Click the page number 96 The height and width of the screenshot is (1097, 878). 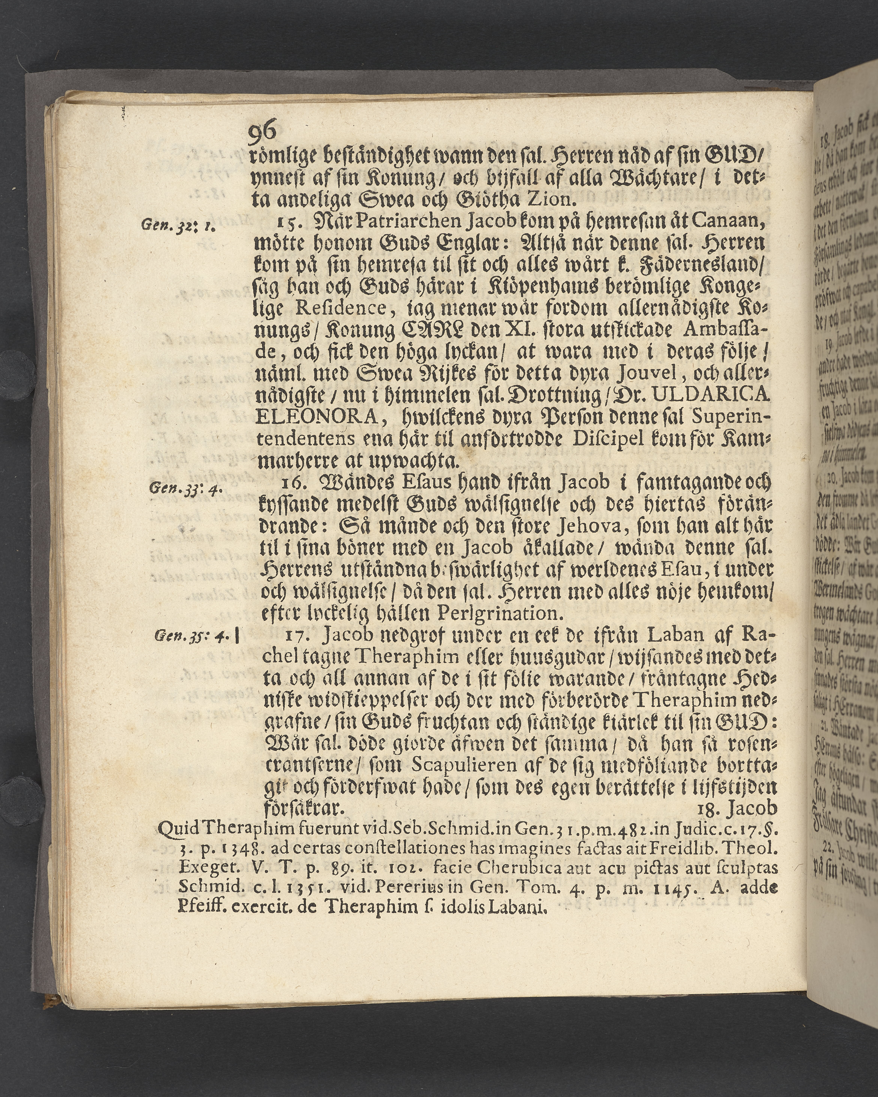[262, 132]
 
